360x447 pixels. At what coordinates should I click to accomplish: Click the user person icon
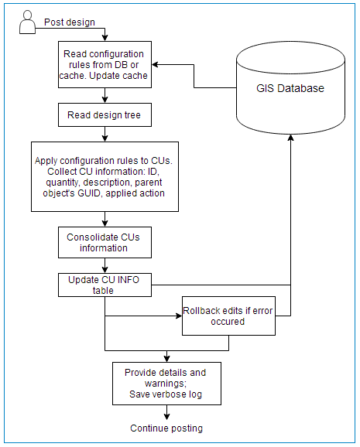(27, 22)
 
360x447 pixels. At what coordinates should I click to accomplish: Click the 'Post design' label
(70, 22)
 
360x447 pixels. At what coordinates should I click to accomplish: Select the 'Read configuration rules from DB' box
(105, 64)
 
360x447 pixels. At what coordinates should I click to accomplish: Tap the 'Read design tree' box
(105, 115)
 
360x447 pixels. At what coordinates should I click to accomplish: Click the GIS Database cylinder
(290, 88)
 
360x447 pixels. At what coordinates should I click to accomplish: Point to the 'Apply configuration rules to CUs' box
(105, 176)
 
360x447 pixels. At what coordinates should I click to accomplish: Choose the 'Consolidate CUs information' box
(105, 242)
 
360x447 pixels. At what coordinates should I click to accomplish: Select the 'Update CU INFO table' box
(105, 285)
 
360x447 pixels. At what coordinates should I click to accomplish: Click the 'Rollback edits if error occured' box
(228, 316)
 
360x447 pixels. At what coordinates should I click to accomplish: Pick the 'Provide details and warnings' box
(166, 384)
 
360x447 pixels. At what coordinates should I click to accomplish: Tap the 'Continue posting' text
(166, 428)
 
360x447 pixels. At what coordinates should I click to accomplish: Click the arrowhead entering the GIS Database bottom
(290, 138)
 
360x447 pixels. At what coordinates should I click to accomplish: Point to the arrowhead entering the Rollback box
(179, 316)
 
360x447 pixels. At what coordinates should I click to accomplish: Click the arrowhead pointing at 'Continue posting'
(166, 417)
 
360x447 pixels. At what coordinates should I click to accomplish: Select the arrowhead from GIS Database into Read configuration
(155, 64)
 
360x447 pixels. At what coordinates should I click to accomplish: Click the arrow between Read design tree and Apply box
(105, 134)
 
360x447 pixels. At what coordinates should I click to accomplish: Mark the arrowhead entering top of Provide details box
(166, 359)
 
